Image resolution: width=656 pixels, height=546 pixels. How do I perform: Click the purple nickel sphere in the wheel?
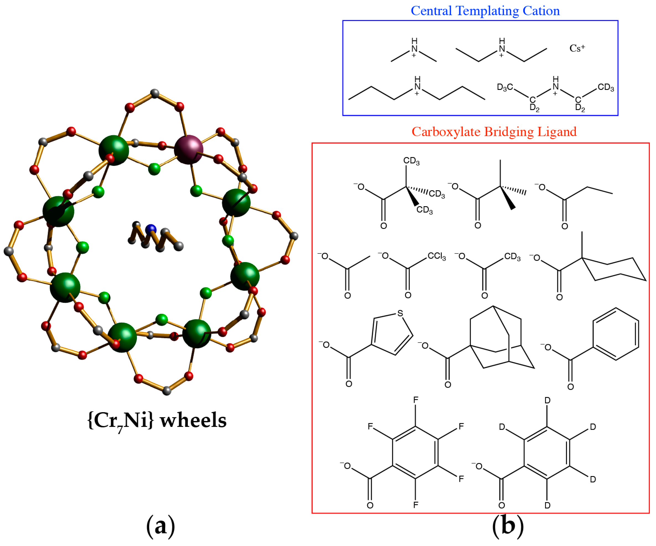click(189, 150)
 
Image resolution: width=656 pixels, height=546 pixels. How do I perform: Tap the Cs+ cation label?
click(577, 48)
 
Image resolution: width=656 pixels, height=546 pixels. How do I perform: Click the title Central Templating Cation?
click(485, 11)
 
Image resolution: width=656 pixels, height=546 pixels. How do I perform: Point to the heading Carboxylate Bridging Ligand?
click(494, 132)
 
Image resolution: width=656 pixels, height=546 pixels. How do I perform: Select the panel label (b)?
click(508, 526)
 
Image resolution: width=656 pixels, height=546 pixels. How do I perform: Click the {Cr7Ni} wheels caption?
click(157, 420)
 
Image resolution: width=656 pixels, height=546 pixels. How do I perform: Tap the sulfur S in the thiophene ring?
click(400, 313)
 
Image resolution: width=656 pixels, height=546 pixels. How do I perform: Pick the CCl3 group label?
click(437, 256)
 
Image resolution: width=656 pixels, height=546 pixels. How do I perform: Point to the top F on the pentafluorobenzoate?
click(415, 400)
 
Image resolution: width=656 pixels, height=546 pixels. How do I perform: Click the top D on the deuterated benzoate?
click(547, 400)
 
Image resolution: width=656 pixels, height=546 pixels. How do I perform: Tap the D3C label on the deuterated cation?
click(505, 87)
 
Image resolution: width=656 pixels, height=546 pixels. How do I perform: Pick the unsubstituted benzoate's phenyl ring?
click(615, 334)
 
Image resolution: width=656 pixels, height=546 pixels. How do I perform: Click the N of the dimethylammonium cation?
click(414, 49)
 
